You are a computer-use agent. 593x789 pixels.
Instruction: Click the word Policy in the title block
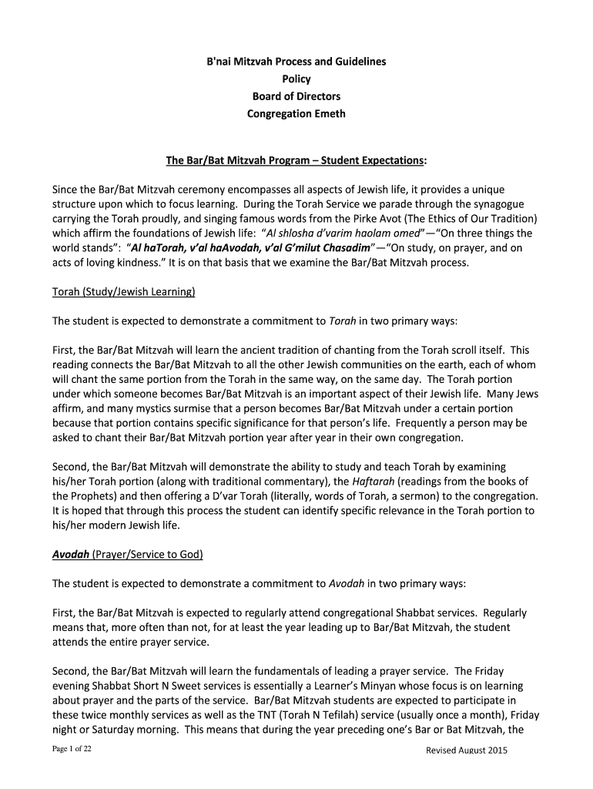296,79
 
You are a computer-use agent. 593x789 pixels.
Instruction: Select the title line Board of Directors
296,96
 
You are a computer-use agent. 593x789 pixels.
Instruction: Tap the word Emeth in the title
327,114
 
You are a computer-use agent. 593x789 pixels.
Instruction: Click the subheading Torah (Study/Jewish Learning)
123,292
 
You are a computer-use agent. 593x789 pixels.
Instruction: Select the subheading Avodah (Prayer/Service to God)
127,555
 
